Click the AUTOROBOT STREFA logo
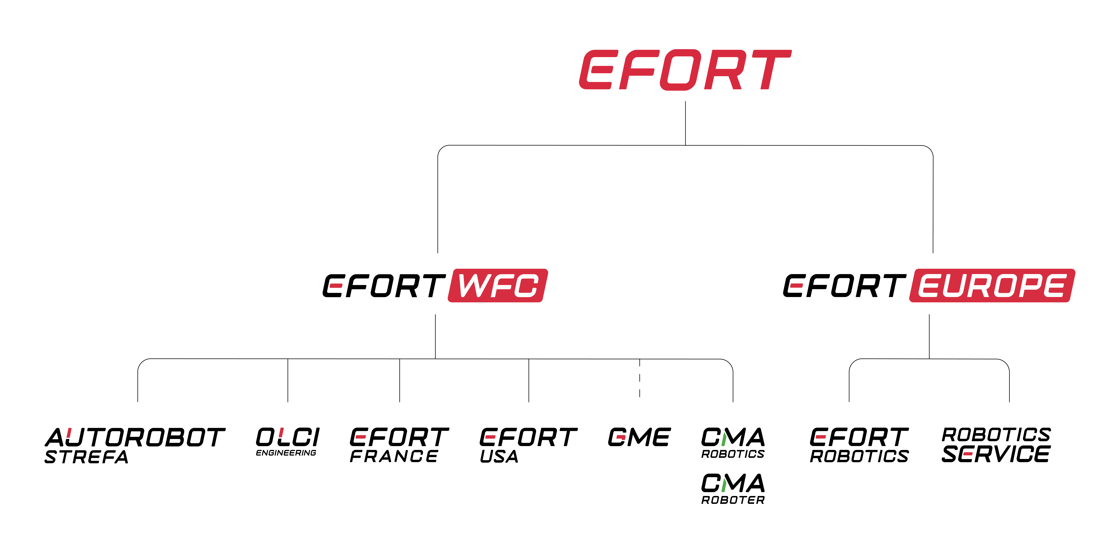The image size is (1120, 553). click(135, 445)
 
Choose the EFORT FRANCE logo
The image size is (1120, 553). click(399, 445)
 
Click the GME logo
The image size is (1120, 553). click(639, 437)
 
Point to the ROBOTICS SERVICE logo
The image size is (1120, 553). click(996, 445)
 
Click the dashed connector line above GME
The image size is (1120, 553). click(640, 379)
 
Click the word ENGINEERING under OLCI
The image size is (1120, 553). click(286, 453)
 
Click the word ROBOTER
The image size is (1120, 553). click(733, 500)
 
